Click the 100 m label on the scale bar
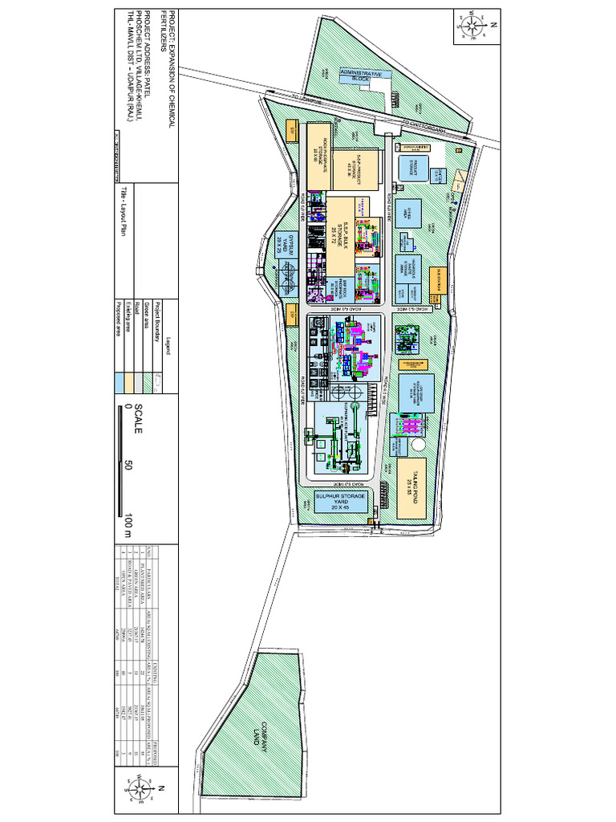coord(128,521)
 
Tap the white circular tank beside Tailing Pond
coord(419,444)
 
